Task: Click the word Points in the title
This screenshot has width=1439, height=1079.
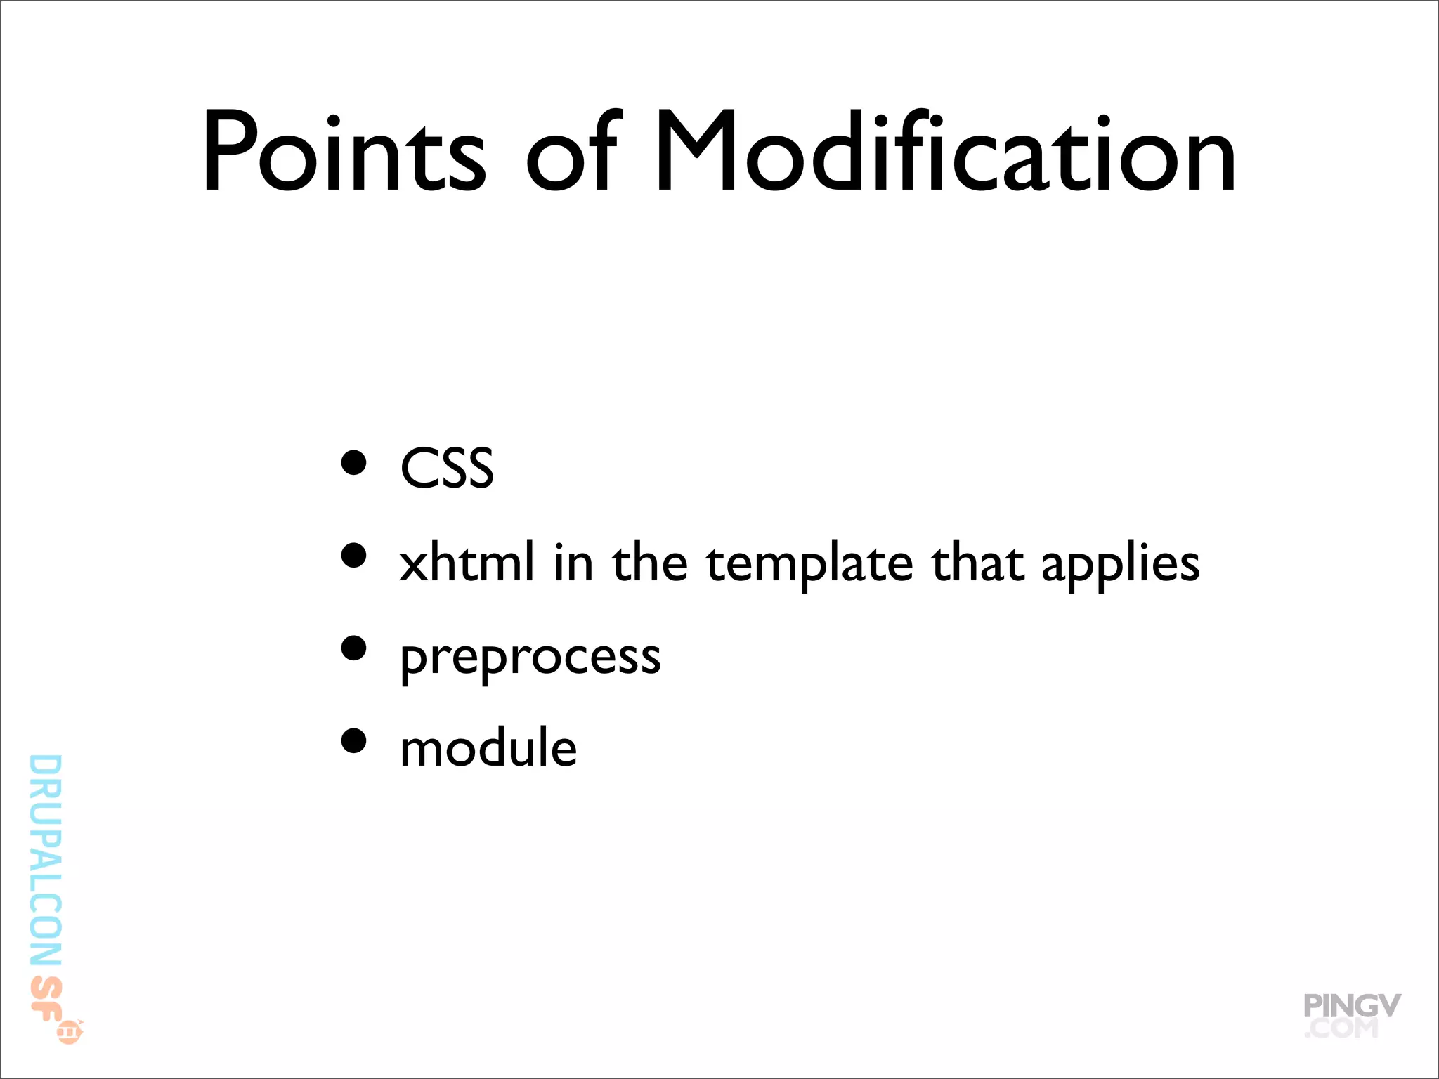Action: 344,152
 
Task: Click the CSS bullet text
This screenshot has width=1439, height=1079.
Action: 447,468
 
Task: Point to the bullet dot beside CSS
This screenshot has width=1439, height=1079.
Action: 354,463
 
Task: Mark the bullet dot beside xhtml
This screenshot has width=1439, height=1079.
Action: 354,555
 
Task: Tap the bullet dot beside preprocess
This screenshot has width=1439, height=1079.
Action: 354,648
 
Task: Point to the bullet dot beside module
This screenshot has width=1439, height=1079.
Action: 354,740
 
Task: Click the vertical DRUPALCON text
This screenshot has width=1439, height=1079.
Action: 46,861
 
